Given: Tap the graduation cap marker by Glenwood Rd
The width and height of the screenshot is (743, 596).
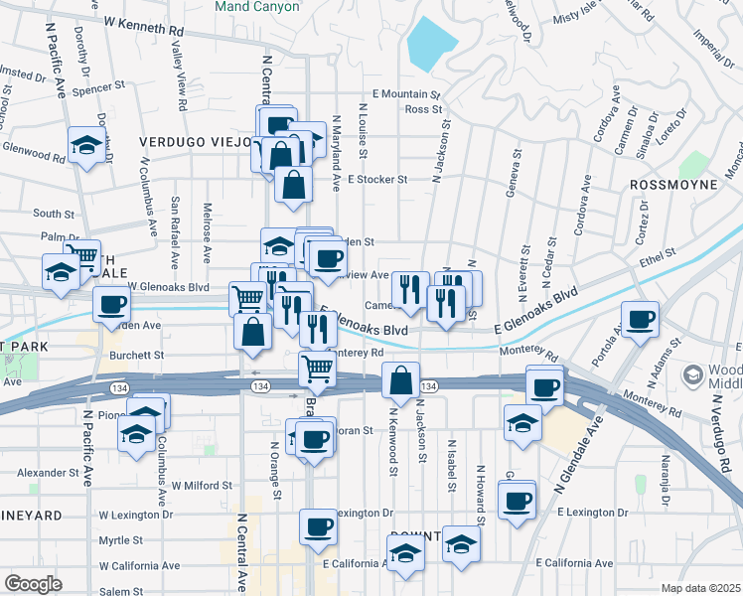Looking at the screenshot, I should click(x=86, y=147).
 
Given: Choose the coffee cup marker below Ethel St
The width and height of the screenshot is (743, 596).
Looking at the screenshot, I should click(x=641, y=320).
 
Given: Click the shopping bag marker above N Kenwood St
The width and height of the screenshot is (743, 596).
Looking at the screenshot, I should click(x=399, y=380).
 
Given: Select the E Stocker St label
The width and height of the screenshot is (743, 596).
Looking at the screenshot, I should click(x=377, y=180).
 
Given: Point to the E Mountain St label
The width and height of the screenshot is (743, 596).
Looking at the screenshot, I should click(x=405, y=93).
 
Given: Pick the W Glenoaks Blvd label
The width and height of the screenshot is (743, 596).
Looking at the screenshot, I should click(x=168, y=287).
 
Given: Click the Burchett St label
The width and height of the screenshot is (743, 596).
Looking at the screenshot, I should click(x=138, y=355).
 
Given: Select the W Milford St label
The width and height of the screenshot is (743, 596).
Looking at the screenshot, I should click(x=202, y=486).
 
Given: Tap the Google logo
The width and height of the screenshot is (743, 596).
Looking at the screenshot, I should click(x=33, y=584).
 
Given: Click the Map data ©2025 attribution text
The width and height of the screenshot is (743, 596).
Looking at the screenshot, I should click(x=699, y=588).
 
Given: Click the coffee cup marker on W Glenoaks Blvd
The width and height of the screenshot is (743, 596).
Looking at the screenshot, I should click(x=111, y=304).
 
